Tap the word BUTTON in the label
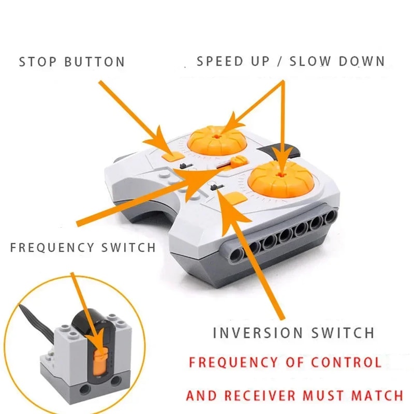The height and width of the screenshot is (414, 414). pyautogui.click(x=95, y=62)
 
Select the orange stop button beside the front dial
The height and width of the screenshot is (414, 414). pyautogui.click(x=235, y=198)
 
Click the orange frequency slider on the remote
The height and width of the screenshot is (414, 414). pyautogui.click(x=238, y=161)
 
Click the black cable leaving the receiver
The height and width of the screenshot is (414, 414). pyautogui.click(x=31, y=321)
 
